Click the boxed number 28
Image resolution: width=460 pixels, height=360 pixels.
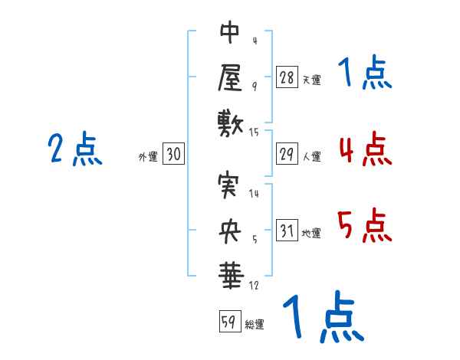pos(287,77)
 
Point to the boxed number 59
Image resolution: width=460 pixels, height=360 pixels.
pos(229,322)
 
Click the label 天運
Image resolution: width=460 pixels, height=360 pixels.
pos(311,80)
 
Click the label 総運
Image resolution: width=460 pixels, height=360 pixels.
pos(255,324)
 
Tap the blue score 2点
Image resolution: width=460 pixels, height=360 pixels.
pos(75,149)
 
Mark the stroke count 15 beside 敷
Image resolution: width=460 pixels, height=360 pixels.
pos(255,133)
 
